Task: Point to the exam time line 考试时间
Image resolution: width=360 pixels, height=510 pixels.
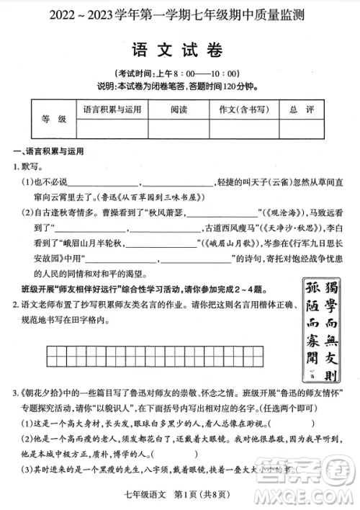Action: tap(180, 73)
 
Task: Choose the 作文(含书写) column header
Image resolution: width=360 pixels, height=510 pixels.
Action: tap(239, 109)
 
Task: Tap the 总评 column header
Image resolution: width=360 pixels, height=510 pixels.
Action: tap(302, 109)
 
